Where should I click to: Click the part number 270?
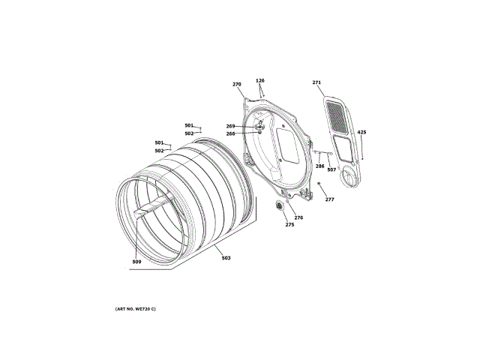coord(237,85)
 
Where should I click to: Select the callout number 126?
coord(260,80)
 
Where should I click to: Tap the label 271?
coord(316,82)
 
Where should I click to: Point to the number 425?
coord(361,132)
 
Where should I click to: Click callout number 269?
coord(231,126)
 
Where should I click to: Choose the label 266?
coord(231,133)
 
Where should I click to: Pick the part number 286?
coord(320,166)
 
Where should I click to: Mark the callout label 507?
coord(331,169)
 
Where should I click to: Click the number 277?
coord(329,199)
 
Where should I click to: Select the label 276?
coord(298,217)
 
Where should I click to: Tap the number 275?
coord(289,225)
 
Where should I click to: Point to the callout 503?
coord(226,258)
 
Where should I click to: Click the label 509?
coord(136,262)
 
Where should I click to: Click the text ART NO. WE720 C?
coord(136,309)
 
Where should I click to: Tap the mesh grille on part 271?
coord(338,117)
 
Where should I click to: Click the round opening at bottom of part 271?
coord(349,177)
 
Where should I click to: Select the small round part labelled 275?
coord(281,205)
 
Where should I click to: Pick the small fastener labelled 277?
coord(319,183)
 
